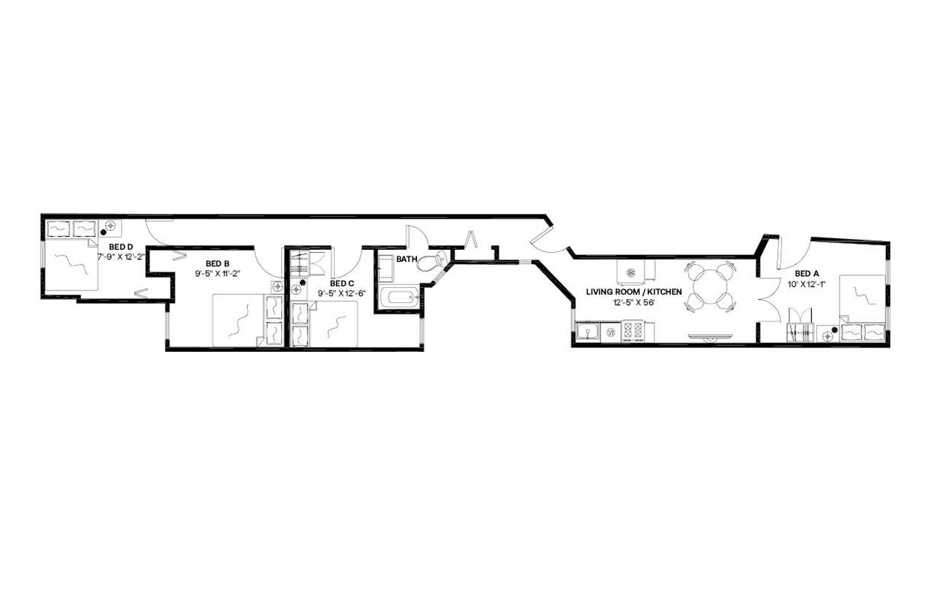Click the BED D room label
click(x=120, y=247)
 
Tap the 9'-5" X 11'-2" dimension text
click(x=218, y=273)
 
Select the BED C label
click(x=342, y=283)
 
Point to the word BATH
click(x=407, y=259)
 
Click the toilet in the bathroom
click(x=432, y=261)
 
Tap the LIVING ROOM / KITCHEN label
click(x=634, y=292)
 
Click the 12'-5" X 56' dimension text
click(x=632, y=302)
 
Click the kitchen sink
click(x=587, y=332)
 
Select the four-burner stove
click(x=633, y=331)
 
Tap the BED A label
click(x=807, y=273)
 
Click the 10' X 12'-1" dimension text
click(x=806, y=284)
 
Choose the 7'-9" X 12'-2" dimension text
click(x=121, y=257)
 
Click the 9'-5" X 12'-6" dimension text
click(x=342, y=293)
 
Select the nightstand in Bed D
click(x=110, y=227)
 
